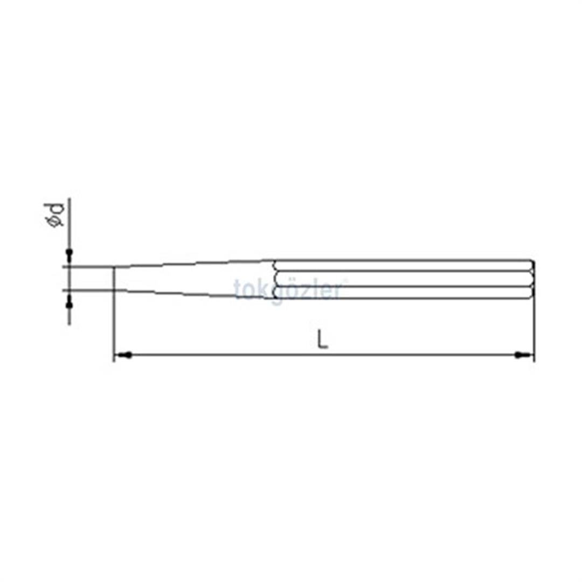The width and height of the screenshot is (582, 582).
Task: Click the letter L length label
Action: (x=322, y=339)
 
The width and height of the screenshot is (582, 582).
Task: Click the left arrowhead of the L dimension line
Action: (x=124, y=355)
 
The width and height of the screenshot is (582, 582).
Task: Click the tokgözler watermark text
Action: (x=288, y=290)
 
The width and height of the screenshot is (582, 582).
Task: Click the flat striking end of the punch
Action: (x=533, y=279)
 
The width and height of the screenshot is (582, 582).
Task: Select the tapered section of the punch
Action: (x=194, y=279)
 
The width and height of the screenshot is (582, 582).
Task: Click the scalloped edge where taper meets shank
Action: (x=275, y=279)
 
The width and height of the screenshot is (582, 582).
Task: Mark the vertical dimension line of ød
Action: (x=69, y=279)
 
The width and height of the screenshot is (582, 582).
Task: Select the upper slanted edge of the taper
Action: (x=194, y=264)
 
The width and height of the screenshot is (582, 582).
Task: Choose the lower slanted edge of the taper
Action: (x=194, y=294)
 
